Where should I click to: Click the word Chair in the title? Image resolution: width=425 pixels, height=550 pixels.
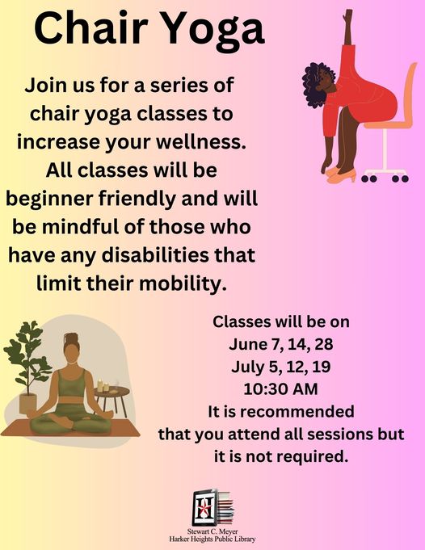click(90, 27)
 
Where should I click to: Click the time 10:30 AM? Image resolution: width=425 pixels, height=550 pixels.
click(280, 389)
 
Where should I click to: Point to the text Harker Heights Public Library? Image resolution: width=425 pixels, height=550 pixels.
click(212, 540)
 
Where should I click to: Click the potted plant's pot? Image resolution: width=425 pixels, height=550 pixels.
click(27, 403)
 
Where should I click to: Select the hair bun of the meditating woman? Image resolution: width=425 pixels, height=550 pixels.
click(71, 338)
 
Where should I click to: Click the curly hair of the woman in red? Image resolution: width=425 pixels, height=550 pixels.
click(314, 85)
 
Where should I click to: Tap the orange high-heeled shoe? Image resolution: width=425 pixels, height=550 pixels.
click(341, 176)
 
